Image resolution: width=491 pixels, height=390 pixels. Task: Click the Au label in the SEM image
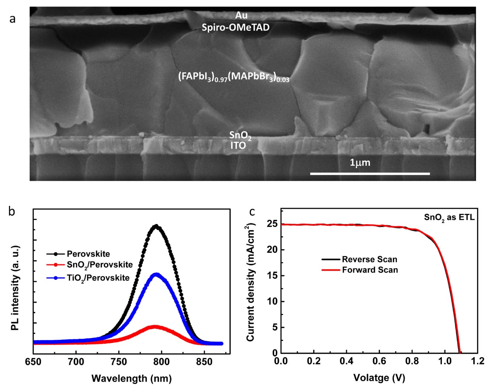click(x=241, y=15)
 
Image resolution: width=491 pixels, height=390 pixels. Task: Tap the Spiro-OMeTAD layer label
click(x=235, y=27)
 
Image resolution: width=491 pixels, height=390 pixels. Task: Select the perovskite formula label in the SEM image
click(x=233, y=77)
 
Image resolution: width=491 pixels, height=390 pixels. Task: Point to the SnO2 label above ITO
click(x=240, y=135)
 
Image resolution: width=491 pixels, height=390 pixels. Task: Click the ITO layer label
click(x=238, y=146)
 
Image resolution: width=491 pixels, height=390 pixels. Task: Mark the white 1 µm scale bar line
click(x=370, y=174)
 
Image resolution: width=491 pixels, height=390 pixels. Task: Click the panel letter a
click(x=12, y=19)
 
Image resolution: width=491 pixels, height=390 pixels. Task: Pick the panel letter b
click(x=12, y=211)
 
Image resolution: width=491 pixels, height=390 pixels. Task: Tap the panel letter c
click(x=252, y=211)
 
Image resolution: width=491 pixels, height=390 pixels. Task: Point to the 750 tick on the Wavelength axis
click(x=119, y=362)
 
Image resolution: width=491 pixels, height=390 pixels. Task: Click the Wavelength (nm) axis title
click(x=131, y=378)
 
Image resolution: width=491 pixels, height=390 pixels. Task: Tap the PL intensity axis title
click(x=15, y=288)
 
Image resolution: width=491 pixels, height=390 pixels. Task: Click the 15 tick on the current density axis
click(x=273, y=276)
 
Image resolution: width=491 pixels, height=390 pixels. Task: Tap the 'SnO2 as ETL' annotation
click(x=449, y=218)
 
